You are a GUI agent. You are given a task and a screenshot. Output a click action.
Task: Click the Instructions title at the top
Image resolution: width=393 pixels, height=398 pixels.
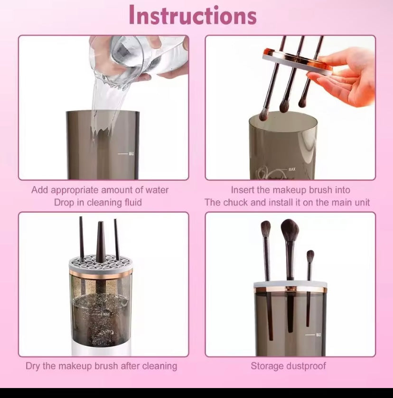coord(192,15)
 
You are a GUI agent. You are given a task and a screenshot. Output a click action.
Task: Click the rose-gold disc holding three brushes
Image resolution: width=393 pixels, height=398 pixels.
coord(298,62)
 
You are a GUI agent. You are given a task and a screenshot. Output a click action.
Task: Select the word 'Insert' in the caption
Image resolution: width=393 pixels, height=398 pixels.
coord(243,190)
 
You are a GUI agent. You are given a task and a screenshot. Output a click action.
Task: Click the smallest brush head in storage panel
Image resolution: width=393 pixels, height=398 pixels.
coord(310,256)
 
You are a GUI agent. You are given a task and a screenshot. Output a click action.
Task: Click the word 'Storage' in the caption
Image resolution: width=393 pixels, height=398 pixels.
coord(268,366)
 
